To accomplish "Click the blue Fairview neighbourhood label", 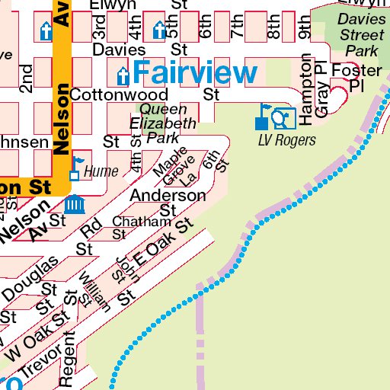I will (x=194, y=73).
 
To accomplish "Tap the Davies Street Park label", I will (x=361, y=35).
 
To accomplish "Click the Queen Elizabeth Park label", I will (x=163, y=123).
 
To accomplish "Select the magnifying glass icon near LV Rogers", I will (x=281, y=117).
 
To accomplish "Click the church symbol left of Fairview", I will (x=122, y=75).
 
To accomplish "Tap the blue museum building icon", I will (x=75, y=204).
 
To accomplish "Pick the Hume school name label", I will (x=101, y=171).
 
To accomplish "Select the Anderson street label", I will (x=168, y=196).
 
